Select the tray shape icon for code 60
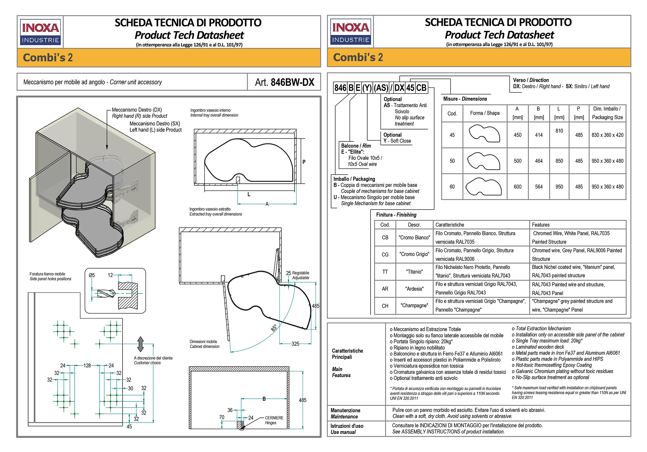pos(484,187)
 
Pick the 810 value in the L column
pos(559,131)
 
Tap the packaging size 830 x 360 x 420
pos(607,135)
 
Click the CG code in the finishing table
pos(385,254)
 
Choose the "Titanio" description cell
pos(414,272)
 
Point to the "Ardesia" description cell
pos(414,289)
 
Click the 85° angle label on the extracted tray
pos(274,328)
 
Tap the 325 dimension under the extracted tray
pos(295,344)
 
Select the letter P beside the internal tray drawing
pos(304,162)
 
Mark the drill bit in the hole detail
pos(106,293)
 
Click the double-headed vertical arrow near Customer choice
pos(140,344)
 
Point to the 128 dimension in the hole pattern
pos(87,365)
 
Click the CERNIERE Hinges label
pos(274,420)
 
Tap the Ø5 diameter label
pos(92,275)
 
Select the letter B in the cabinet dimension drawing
pos(264,399)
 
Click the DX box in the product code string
pos(399,88)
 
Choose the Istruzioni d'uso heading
pos(347,429)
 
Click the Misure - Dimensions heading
pos(465,99)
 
